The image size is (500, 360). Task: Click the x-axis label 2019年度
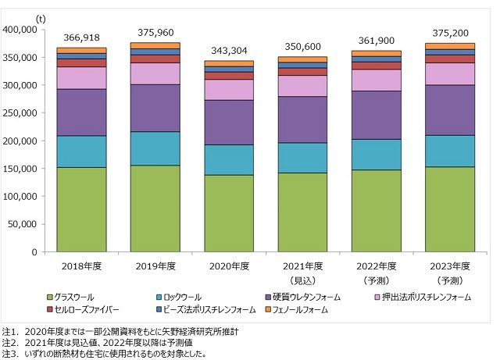pos(162,266)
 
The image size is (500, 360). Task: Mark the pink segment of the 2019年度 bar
pos(162,73)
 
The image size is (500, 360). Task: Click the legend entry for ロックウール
pos(183,297)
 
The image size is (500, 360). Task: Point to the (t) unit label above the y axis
pos(41,16)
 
